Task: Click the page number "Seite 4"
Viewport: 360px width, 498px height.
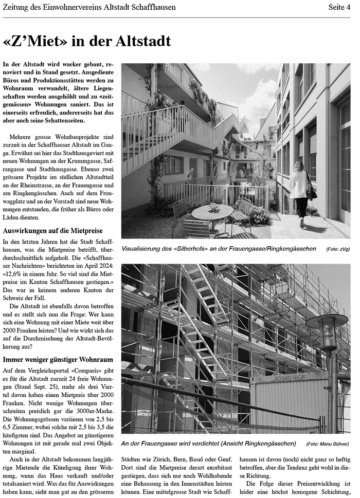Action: (339, 7)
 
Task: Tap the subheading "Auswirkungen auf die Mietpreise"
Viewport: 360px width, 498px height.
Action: (52, 231)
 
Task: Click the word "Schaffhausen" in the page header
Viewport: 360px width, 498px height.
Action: (152, 7)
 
